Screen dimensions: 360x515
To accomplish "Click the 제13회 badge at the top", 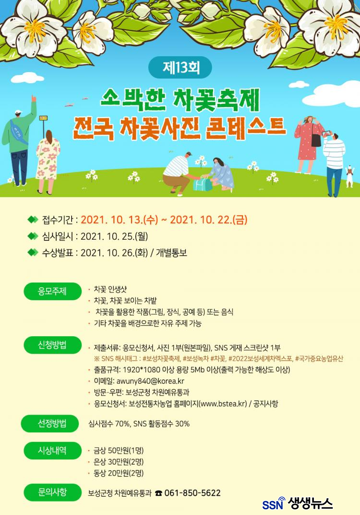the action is tap(180, 68).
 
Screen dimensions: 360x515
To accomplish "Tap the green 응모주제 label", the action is tap(52, 291).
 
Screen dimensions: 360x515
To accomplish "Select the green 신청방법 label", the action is tap(52, 345).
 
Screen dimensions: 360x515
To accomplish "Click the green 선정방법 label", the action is tap(50, 423).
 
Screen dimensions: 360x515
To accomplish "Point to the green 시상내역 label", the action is tap(52, 450).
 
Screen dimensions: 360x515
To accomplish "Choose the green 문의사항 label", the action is tap(52, 492).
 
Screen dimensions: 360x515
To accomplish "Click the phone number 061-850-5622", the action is tap(192, 493).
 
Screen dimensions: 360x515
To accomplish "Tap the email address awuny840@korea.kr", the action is tap(150, 381).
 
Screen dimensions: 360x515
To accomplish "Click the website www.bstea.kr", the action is tap(223, 404).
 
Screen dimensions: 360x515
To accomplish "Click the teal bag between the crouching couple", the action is tap(203, 184).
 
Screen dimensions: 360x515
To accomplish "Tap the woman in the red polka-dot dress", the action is tap(308, 144).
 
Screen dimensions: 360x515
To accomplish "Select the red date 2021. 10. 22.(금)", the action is tap(208, 220).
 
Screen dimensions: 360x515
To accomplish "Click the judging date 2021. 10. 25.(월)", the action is tap(114, 236).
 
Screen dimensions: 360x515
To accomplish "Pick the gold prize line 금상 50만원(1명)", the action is tap(119, 450).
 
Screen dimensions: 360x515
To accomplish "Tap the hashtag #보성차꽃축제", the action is tap(162, 359).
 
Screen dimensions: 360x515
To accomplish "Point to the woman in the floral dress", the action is tap(48, 161).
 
